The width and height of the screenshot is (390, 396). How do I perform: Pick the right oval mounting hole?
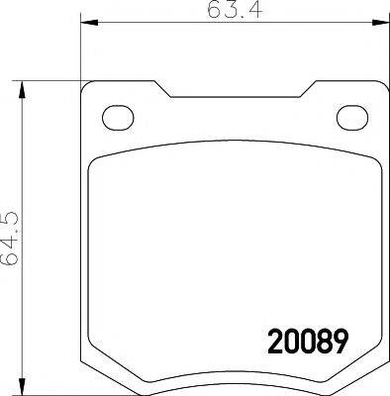350,117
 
